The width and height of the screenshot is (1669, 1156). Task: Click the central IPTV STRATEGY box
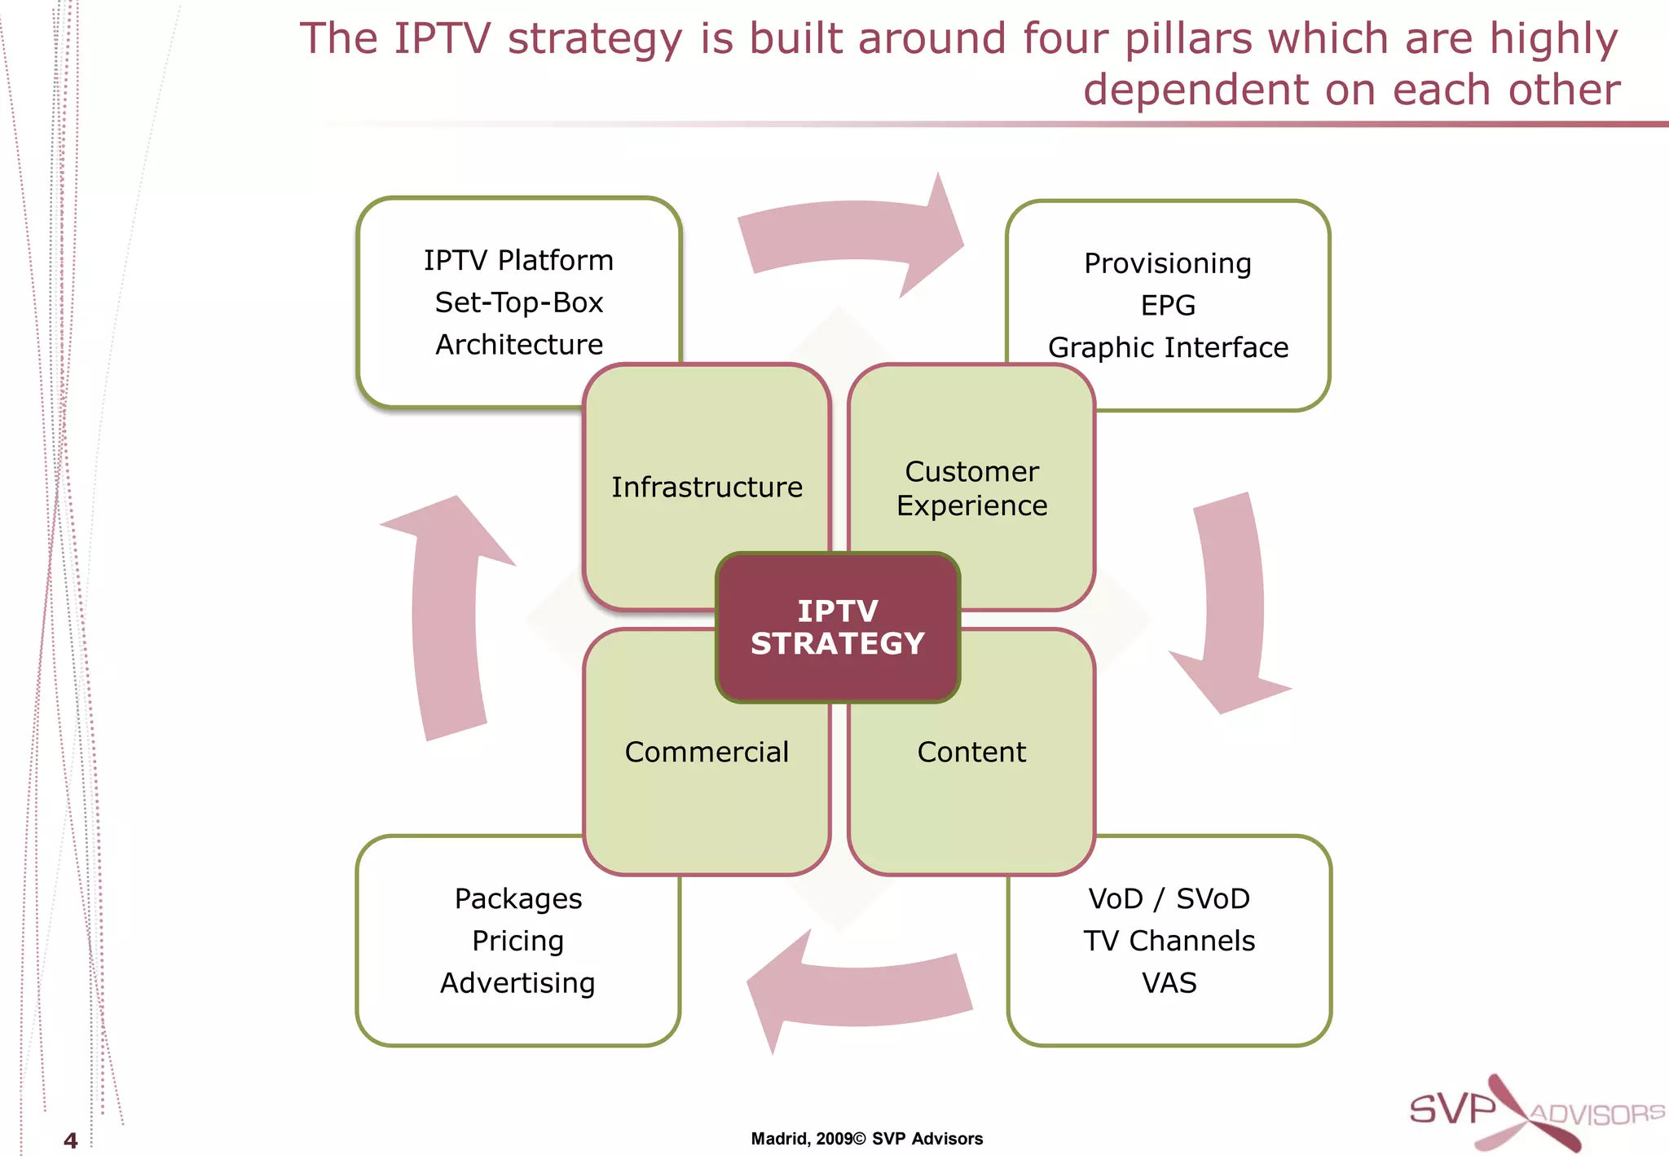[x=837, y=627]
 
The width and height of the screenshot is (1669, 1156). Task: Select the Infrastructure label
[x=707, y=487]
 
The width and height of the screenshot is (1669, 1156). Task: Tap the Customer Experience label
[x=971, y=488]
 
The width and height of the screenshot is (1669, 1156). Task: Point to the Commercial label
[x=707, y=752]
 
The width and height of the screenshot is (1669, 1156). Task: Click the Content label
[x=971, y=752]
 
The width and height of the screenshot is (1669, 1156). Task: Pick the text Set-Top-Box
[x=519, y=302]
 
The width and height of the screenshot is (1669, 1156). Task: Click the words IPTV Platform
[x=518, y=260]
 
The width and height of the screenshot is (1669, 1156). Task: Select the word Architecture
[x=519, y=345]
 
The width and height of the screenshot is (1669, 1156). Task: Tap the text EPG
[x=1168, y=306]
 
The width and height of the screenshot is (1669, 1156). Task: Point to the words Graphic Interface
[x=1168, y=348]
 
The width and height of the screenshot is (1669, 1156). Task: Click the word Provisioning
[x=1168, y=263]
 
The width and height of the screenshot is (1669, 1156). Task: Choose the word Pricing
[x=517, y=941]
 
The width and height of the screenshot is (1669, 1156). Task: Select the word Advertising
[x=517, y=983]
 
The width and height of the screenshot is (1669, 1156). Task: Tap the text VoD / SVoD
[x=1169, y=898]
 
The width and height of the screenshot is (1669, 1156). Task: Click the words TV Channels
[x=1169, y=941]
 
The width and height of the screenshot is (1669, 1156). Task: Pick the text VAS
[x=1169, y=983]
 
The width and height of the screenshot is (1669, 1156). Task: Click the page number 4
[x=71, y=1141]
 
